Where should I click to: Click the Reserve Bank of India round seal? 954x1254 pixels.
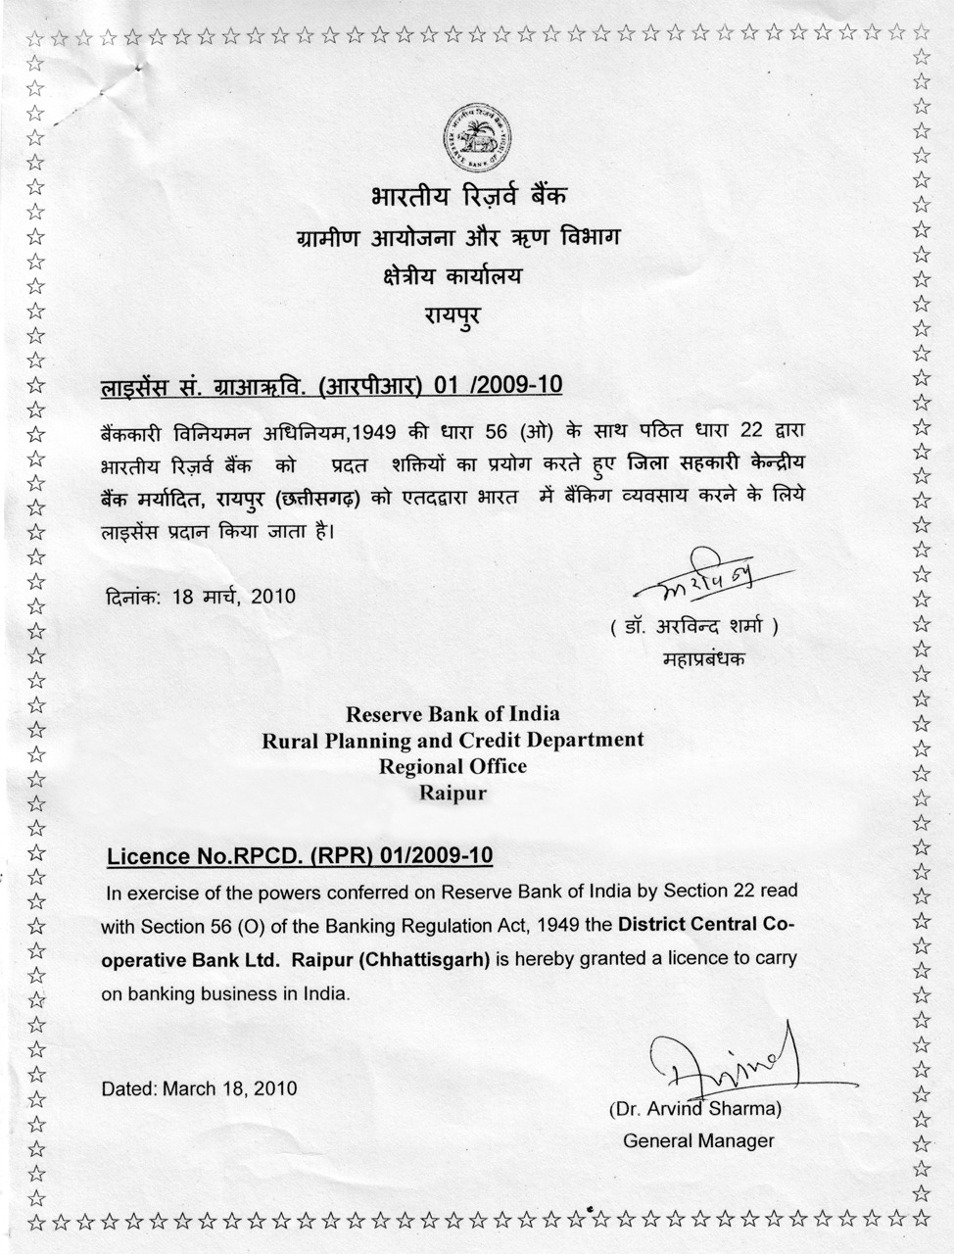(x=480, y=134)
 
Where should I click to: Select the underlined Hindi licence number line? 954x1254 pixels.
(x=332, y=384)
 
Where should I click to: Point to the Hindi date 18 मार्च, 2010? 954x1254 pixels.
(x=199, y=596)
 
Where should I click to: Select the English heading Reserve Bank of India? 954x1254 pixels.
(x=453, y=714)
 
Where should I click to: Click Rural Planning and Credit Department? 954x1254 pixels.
(x=453, y=741)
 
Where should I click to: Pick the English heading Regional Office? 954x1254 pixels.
(x=453, y=766)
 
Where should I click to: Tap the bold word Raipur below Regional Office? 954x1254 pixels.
(x=453, y=793)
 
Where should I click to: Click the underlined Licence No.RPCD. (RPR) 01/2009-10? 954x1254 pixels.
(x=300, y=855)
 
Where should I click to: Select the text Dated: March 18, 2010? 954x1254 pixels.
(x=199, y=1087)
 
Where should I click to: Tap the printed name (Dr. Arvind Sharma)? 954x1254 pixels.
(x=694, y=1109)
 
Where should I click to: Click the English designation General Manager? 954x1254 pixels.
(x=698, y=1140)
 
